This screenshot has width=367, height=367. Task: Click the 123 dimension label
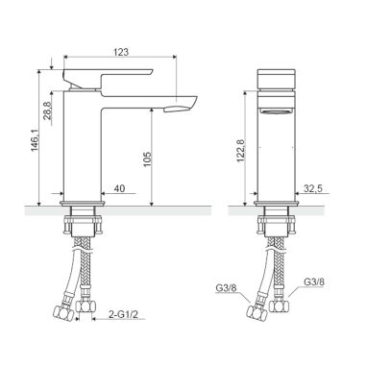pos(121,52)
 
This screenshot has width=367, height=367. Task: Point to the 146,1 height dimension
pos(35,140)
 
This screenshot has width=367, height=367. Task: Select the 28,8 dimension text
pos(47,110)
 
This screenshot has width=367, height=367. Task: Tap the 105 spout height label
pos(146,159)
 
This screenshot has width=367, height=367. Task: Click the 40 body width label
pos(119,188)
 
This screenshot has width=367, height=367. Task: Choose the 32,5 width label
pos(313,188)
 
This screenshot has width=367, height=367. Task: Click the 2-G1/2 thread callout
pos(123,314)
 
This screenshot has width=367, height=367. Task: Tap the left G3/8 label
pos(226,288)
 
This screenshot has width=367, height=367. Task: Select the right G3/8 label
pos(313,282)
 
